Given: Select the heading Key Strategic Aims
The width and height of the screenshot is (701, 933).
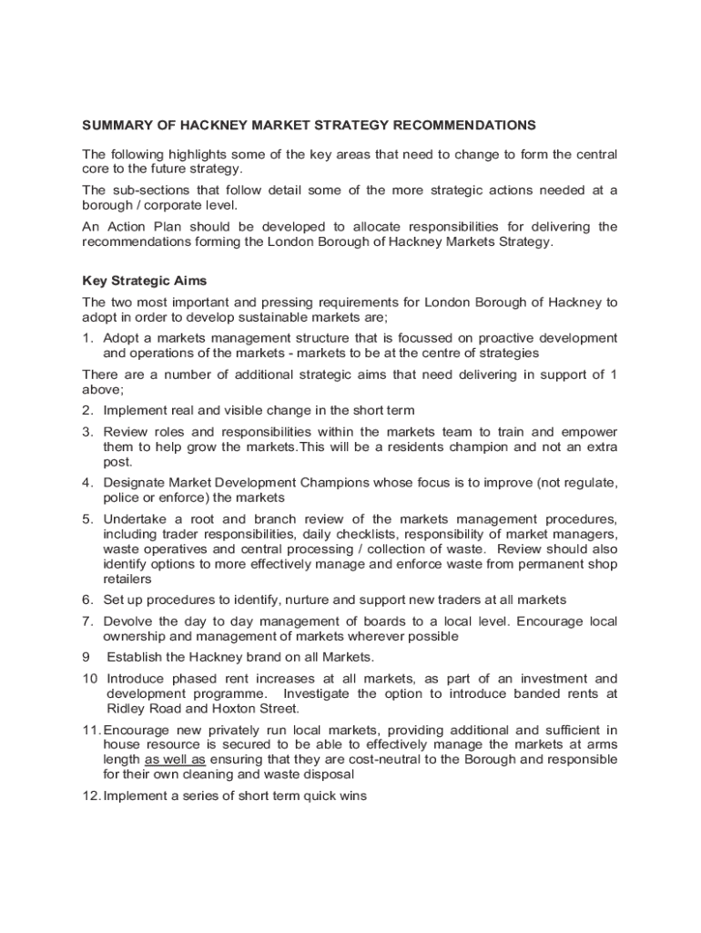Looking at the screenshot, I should point(145,281).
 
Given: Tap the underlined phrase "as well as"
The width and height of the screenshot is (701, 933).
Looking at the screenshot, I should point(175,759).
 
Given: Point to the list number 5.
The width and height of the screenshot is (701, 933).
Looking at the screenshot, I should point(87,519).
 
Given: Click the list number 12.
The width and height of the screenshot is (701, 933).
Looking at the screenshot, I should point(90,796).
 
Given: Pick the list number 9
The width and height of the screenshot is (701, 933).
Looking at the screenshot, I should point(86,657).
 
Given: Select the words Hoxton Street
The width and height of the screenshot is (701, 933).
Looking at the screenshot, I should point(258,708).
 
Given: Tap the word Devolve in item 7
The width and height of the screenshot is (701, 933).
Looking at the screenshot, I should point(127,621).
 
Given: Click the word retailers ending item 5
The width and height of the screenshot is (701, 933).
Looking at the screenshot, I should point(127,579).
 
